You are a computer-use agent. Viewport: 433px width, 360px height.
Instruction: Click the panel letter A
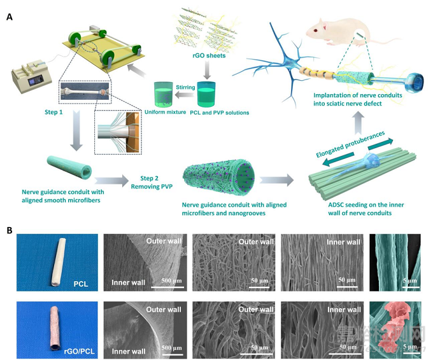point(10,17)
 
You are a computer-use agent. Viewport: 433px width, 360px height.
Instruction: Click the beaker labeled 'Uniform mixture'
point(166,95)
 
